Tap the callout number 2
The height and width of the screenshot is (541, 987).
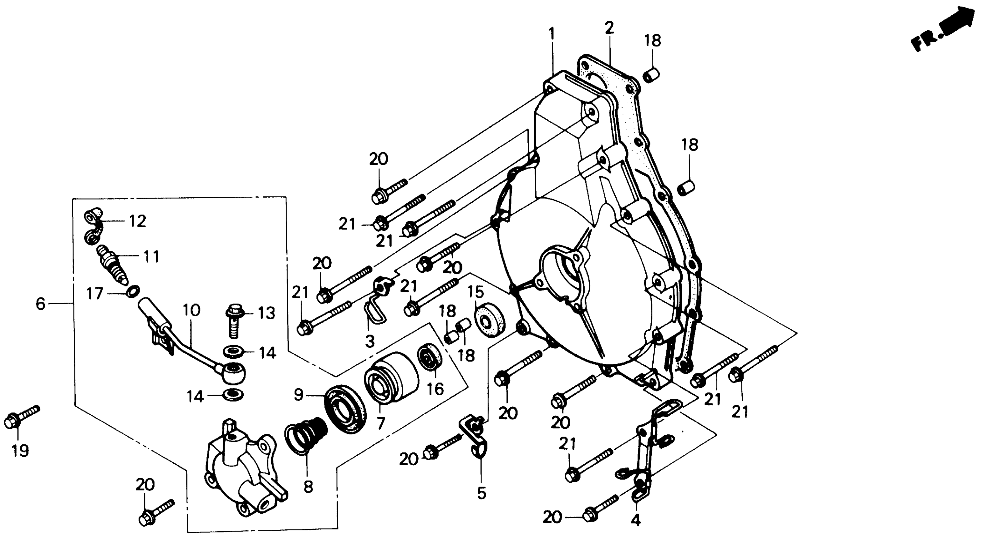609,28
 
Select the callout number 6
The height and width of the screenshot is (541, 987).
40,304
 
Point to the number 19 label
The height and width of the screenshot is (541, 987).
20,451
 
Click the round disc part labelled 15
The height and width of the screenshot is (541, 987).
490,320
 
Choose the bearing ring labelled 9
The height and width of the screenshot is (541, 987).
344,408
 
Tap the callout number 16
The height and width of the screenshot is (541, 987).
435,389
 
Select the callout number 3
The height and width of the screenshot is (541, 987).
369,341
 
